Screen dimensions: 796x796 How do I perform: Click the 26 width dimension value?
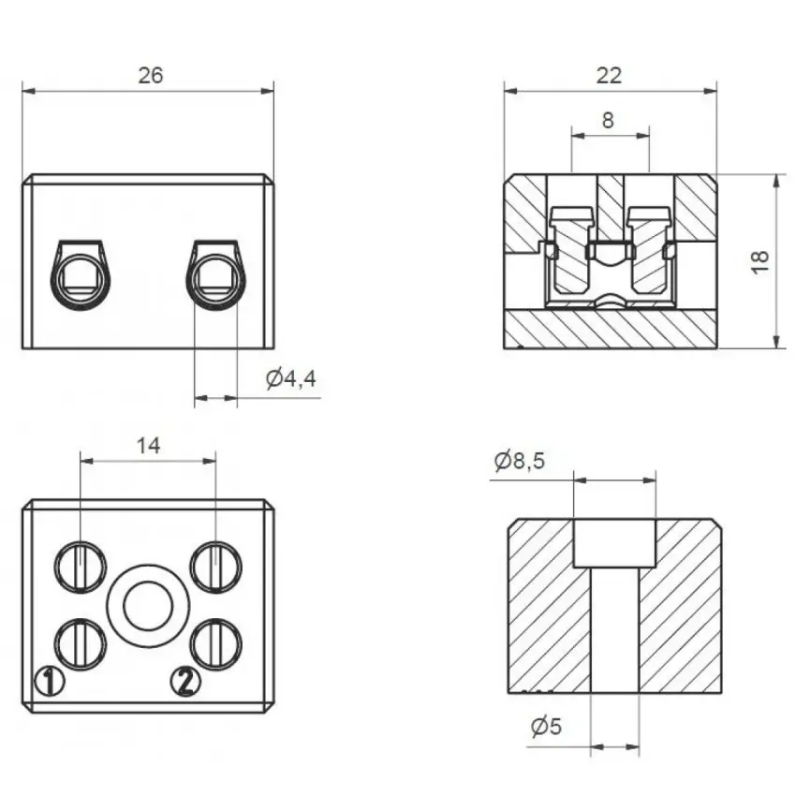point(151,76)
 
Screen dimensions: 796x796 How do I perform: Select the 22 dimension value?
point(609,76)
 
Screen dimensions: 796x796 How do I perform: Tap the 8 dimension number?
point(608,120)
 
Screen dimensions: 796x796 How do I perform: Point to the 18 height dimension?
point(760,262)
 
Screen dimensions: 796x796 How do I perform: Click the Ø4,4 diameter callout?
point(291,378)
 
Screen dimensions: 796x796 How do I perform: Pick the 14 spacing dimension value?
point(148,446)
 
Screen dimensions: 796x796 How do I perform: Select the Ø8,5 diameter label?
point(520,461)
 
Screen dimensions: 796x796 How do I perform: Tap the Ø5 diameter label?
point(546,727)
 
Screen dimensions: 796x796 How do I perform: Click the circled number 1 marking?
point(50,681)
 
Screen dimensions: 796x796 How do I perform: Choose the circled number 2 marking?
point(185,681)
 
